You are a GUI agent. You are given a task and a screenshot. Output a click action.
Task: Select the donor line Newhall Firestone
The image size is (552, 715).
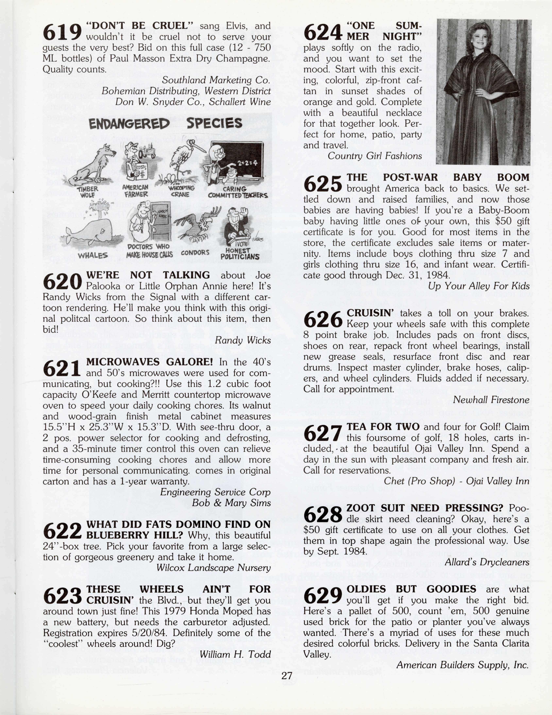[x=491, y=400]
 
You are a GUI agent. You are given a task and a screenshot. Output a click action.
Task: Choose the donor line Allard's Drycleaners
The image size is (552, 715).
[x=487, y=562]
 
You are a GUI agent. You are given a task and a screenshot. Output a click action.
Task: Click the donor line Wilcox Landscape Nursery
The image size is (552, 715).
[x=213, y=568]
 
